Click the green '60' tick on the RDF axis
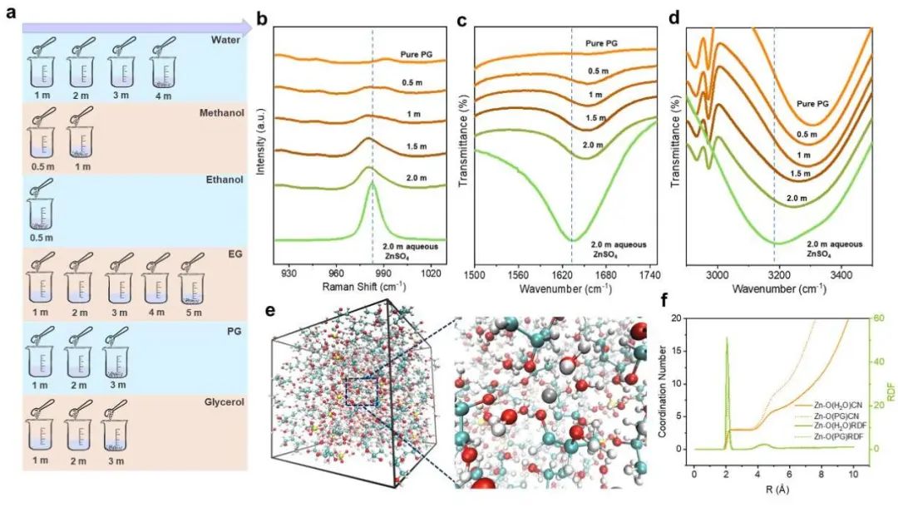865,318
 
